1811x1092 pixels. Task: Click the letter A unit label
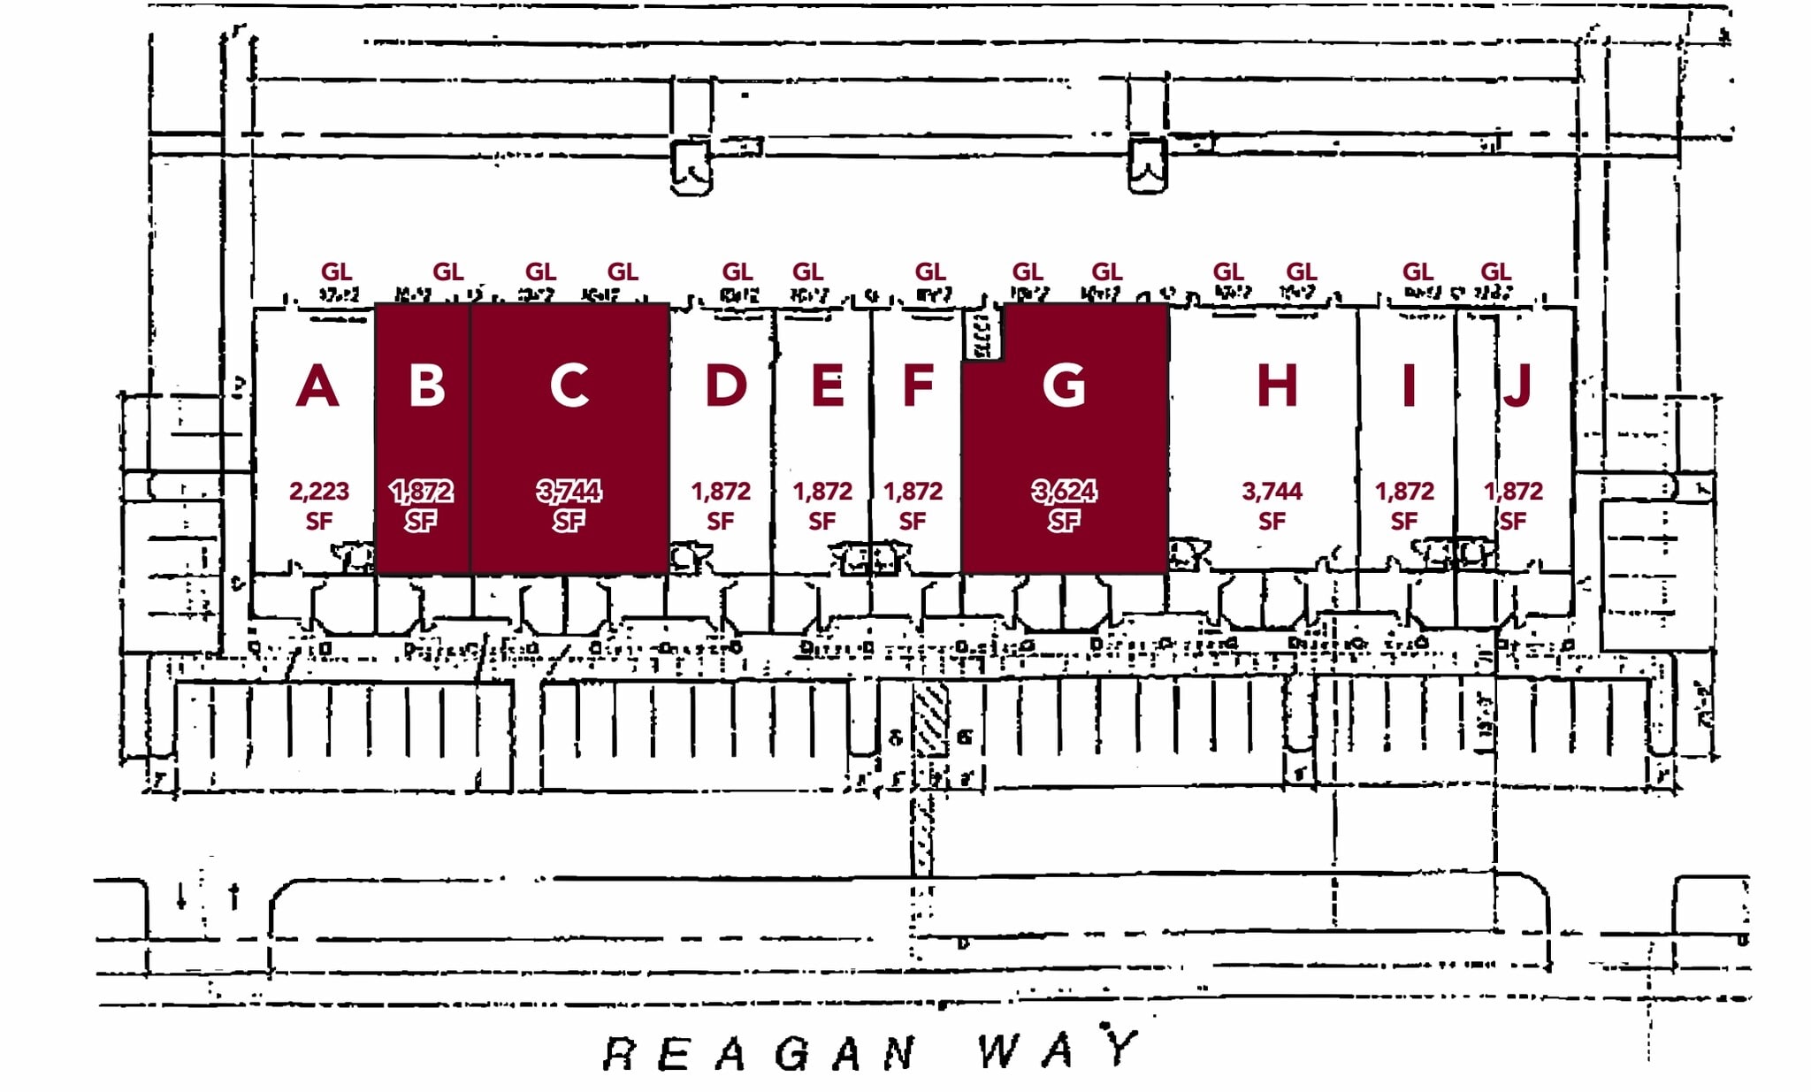(x=317, y=386)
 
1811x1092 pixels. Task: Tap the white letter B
(x=427, y=386)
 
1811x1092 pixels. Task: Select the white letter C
(x=569, y=386)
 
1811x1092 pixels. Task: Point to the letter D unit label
(x=725, y=386)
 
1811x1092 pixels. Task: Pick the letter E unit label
(x=827, y=386)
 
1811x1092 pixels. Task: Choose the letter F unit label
(x=918, y=386)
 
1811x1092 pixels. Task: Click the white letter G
(x=1063, y=386)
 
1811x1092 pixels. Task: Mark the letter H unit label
(x=1276, y=386)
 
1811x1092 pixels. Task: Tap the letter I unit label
(x=1409, y=386)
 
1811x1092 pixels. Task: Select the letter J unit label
(x=1517, y=386)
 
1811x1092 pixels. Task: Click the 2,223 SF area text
(x=319, y=505)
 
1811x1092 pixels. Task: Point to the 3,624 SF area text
(x=1064, y=505)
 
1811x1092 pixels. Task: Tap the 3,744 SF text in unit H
(x=1272, y=505)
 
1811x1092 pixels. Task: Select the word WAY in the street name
(x=1058, y=1050)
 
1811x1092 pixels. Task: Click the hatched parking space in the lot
(x=930, y=721)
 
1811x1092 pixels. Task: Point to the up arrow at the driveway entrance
(x=234, y=896)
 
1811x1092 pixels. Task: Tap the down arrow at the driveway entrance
(x=181, y=896)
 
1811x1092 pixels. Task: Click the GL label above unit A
(x=336, y=271)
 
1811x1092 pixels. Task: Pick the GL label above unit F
(x=929, y=271)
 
